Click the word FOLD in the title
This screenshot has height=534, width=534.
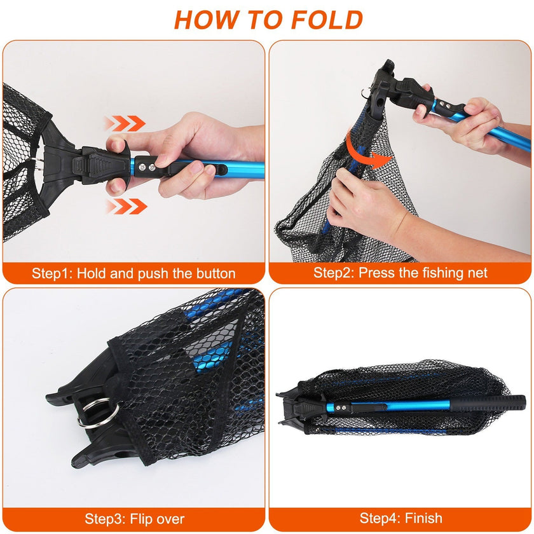point(328,20)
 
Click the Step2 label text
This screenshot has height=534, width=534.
point(334,273)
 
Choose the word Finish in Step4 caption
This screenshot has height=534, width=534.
point(423,519)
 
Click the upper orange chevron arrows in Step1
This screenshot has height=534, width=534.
point(125,123)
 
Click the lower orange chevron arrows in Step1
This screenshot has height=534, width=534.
point(126,206)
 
